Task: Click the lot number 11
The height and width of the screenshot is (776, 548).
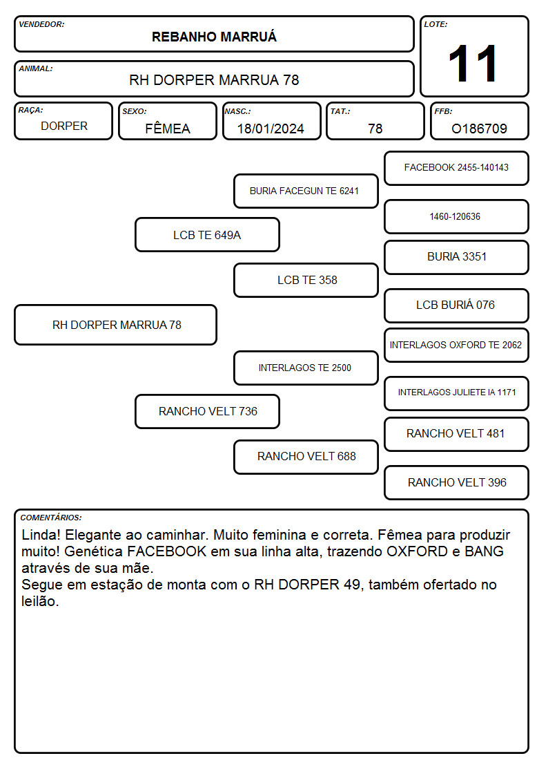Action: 472,64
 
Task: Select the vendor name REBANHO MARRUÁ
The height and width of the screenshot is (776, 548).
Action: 214,37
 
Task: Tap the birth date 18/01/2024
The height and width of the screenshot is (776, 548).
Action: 271,129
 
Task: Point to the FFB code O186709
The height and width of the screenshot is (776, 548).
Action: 479,129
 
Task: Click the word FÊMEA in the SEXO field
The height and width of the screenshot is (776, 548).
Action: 168,128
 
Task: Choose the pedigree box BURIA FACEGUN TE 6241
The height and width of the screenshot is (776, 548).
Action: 306,191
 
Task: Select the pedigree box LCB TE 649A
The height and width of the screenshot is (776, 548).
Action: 207,235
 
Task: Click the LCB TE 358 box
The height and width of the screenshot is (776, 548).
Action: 306,280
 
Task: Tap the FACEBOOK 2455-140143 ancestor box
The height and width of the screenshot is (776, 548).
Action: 456,169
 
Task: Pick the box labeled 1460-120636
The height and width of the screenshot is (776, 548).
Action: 456,217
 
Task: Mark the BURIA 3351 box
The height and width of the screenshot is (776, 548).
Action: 456,257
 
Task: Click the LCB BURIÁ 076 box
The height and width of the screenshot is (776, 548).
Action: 456,306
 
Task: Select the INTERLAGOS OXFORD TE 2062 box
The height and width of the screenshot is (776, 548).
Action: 456,346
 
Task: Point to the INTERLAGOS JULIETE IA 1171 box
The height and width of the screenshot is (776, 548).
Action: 456,393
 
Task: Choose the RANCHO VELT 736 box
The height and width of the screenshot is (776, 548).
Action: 207,411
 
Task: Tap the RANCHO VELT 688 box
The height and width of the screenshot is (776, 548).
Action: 306,457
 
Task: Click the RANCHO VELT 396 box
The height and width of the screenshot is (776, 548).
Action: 456,482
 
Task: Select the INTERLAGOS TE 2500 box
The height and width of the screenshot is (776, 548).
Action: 306,368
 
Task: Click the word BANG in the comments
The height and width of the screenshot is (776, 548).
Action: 484,551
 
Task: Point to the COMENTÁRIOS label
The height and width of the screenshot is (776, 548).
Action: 51,518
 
